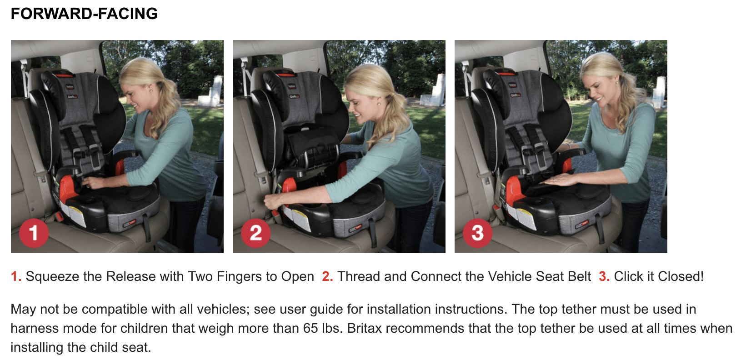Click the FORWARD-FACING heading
(85, 14)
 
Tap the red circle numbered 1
(34, 233)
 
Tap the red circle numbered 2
(255, 233)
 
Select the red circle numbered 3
(477, 233)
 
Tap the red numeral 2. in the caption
(327, 276)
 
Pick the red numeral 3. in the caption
(604, 276)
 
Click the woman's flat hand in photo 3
(560, 180)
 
